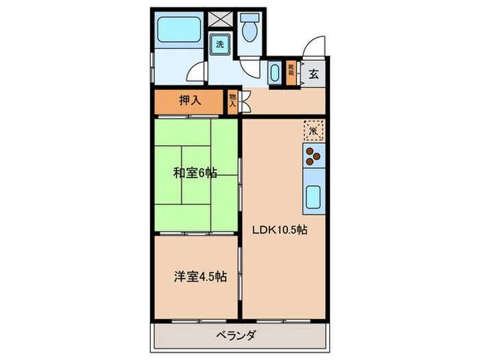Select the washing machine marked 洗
[x=220, y=44]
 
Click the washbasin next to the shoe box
[x=275, y=73]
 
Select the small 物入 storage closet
[x=232, y=101]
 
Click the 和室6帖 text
[x=195, y=173]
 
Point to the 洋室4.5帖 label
[x=199, y=277]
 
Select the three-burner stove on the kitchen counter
[x=313, y=156]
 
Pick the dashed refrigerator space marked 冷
[x=313, y=130]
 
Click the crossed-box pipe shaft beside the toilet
[x=221, y=19]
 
